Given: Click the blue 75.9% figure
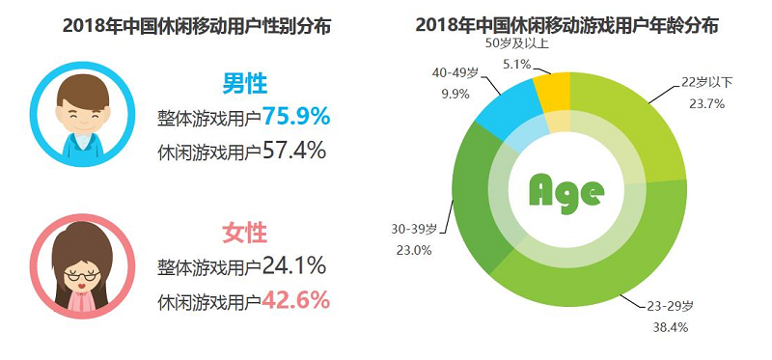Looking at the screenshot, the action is click(295, 117).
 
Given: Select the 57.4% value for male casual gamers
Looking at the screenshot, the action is click(294, 150).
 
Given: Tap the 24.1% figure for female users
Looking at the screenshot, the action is click(294, 266).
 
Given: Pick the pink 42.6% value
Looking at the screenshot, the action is click(295, 300).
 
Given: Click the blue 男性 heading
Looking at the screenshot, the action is click(245, 84).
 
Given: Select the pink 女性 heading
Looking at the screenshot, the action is click(245, 233).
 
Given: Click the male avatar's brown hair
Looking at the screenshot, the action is click(83, 92).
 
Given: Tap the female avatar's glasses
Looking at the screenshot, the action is click(82, 275).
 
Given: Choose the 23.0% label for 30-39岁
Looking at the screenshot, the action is click(414, 250).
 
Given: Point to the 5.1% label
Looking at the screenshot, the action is click(516, 63).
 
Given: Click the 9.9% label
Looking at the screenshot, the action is click(455, 94).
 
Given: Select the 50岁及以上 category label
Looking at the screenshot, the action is click(517, 43).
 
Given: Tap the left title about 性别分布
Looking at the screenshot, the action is click(197, 26).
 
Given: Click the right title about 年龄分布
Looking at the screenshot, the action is click(566, 25).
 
